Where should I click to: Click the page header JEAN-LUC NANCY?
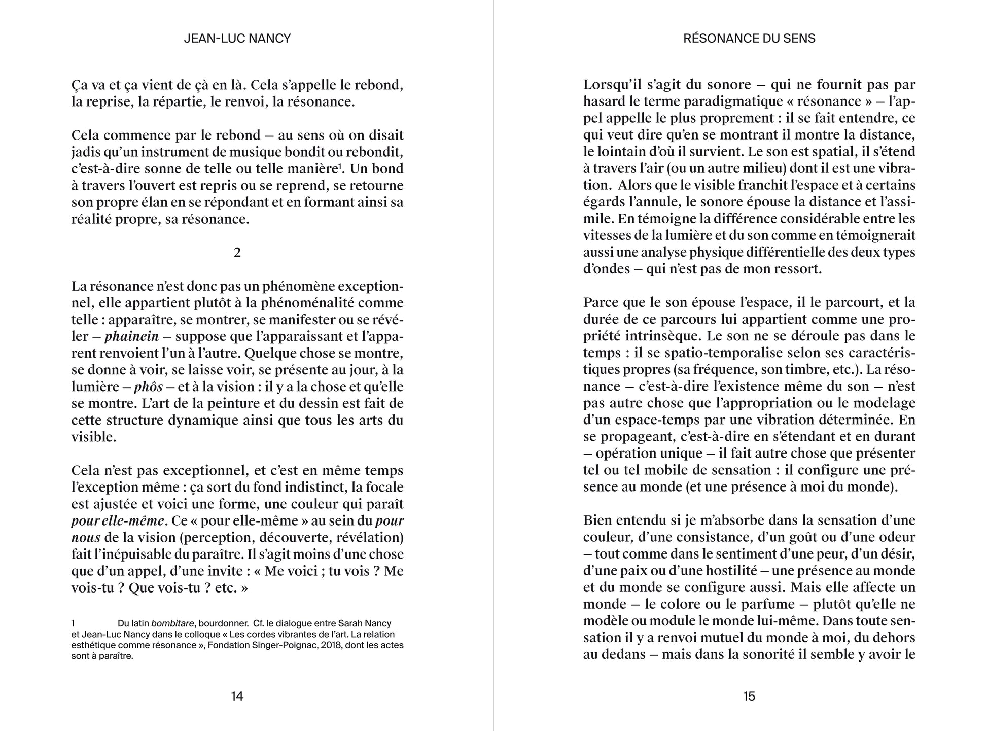[237, 39]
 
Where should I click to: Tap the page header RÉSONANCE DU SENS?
[749, 39]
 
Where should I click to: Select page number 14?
[237, 697]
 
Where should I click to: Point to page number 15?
[749, 697]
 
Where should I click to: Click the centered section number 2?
[237, 253]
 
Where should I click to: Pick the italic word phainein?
[132, 337]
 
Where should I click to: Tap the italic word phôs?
[149, 387]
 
